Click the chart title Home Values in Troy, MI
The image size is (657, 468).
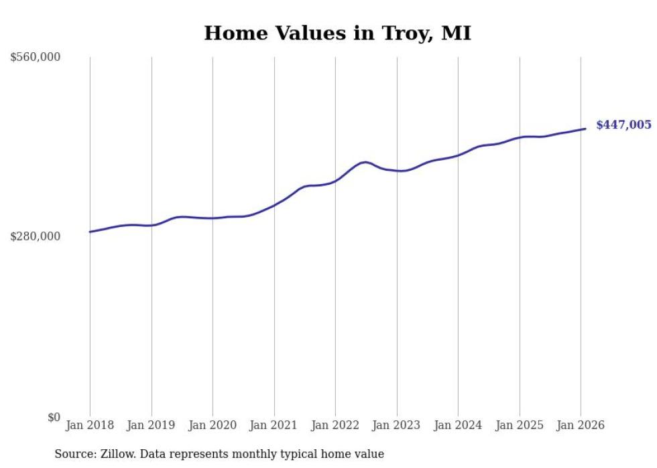[x=337, y=33]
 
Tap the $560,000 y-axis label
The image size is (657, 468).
[x=36, y=58]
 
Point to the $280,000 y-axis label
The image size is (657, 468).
[x=36, y=236]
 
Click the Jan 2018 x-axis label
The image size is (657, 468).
[x=90, y=426]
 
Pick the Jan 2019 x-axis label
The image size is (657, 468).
[x=152, y=426]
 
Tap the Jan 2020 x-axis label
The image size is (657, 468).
[x=213, y=426]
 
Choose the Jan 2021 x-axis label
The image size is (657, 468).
[x=274, y=426]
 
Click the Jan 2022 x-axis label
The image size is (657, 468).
[x=335, y=426]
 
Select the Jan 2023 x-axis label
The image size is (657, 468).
[x=397, y=426]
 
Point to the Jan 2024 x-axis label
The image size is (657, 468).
[x=458, y=426]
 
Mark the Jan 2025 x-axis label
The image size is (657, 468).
[x=520, y=426]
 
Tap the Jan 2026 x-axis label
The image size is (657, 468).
[x=581, y=426]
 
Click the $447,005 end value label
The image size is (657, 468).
[x=623, y=125]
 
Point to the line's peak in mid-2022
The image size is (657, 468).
[x=364, y=162]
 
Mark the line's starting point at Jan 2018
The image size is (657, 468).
[x=90, y=232]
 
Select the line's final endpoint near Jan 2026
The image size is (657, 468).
[x=586, y=129]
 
